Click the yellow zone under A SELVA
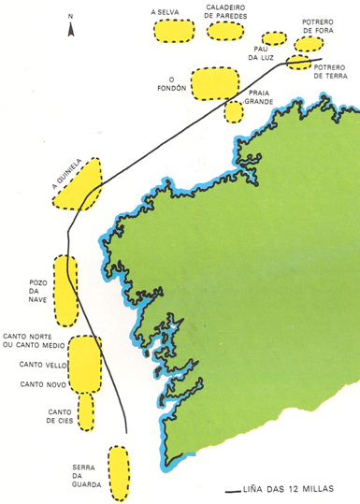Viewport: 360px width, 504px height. point(173,31)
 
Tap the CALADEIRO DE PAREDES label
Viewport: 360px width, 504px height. point(225,12)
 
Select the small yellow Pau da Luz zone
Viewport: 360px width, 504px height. point(274,38)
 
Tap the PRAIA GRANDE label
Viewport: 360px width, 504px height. point(261,97)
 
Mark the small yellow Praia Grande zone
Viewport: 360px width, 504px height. point(233,110)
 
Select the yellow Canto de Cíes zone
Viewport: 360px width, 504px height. point(86,410)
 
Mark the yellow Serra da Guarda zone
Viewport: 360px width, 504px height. point(118,472)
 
